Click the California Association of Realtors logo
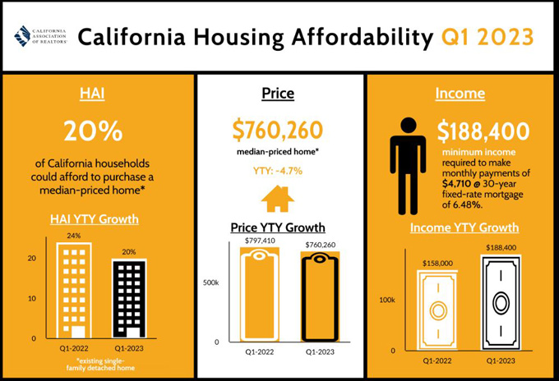(40, 36)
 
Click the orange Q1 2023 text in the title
(487, 37)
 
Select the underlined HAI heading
(92, 94)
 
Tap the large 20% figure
(93, 131)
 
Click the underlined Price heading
(278, 94)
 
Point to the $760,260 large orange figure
(277, 130)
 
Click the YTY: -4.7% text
(278, 171)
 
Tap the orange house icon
(278, 199)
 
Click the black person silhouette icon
(409, 166)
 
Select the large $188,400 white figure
(483, 131)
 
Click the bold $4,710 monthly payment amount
(454, 184)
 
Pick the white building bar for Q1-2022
(74, 291)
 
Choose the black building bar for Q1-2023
(129, 299)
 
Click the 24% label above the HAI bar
(74, 236)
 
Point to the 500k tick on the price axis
(210, 282)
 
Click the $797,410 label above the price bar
(260, 241)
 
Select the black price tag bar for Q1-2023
(320, 296)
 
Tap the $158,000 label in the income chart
(437, 263)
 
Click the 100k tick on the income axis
(387, 300)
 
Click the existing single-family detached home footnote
(100, 365)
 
